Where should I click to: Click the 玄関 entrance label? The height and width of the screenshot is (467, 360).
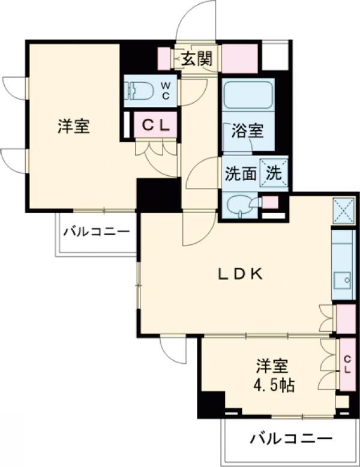tap(197, 59)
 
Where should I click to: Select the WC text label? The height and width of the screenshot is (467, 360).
tap(166, 91)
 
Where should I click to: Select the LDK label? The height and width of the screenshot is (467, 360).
tap(239, 274)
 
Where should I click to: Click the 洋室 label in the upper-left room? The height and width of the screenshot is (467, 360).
tap(74, 127)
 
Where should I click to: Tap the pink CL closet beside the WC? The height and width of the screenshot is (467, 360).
tap(155, 125)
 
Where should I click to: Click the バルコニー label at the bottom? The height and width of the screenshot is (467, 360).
tap(290, 439)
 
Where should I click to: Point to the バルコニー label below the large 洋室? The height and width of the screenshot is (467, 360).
tap(97, 230)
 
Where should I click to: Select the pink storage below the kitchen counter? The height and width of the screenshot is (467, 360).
tap(345, 318)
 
